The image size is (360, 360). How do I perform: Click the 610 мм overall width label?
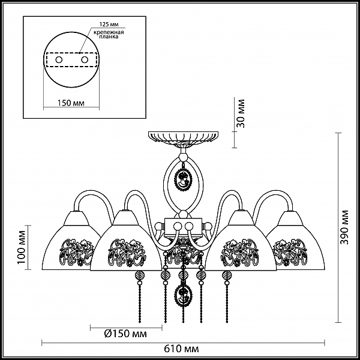coord(181,349)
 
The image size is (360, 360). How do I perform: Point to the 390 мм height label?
coord(344,227)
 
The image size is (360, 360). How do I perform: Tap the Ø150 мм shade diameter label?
coord(125,334)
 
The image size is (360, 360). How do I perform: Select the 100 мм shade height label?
coord(22,247)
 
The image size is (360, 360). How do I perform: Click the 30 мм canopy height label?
coord(241,113)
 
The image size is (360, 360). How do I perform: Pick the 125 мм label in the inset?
coord(109,24)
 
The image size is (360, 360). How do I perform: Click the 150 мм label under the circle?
coord(71,103)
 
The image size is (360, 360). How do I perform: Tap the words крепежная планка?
coord(109,34)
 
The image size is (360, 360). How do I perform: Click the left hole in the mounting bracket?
coord(59,60)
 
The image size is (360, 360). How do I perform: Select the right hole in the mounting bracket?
coord(85,60)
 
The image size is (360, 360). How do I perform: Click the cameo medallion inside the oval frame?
coord(183,178)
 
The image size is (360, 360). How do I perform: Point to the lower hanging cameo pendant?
coord(183,295)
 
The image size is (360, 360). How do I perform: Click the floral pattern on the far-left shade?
coord(77,252)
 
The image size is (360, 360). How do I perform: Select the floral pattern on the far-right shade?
coord(290,252)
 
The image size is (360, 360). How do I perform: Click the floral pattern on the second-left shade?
coord(127,253)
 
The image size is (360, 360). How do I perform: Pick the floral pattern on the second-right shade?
coord(240,253)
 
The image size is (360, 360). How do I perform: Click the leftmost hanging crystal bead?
coord(139,275)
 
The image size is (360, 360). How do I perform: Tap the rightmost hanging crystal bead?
coord(227,275)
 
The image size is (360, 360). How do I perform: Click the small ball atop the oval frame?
coord(183,157)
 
